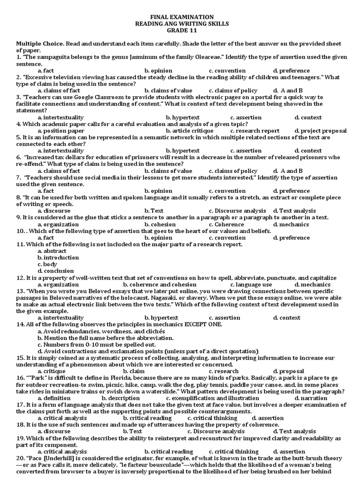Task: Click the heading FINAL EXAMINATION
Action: [x=182, y=17]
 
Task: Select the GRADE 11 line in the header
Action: [x=182, y=30]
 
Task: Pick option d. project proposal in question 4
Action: [x=320, y=131]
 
